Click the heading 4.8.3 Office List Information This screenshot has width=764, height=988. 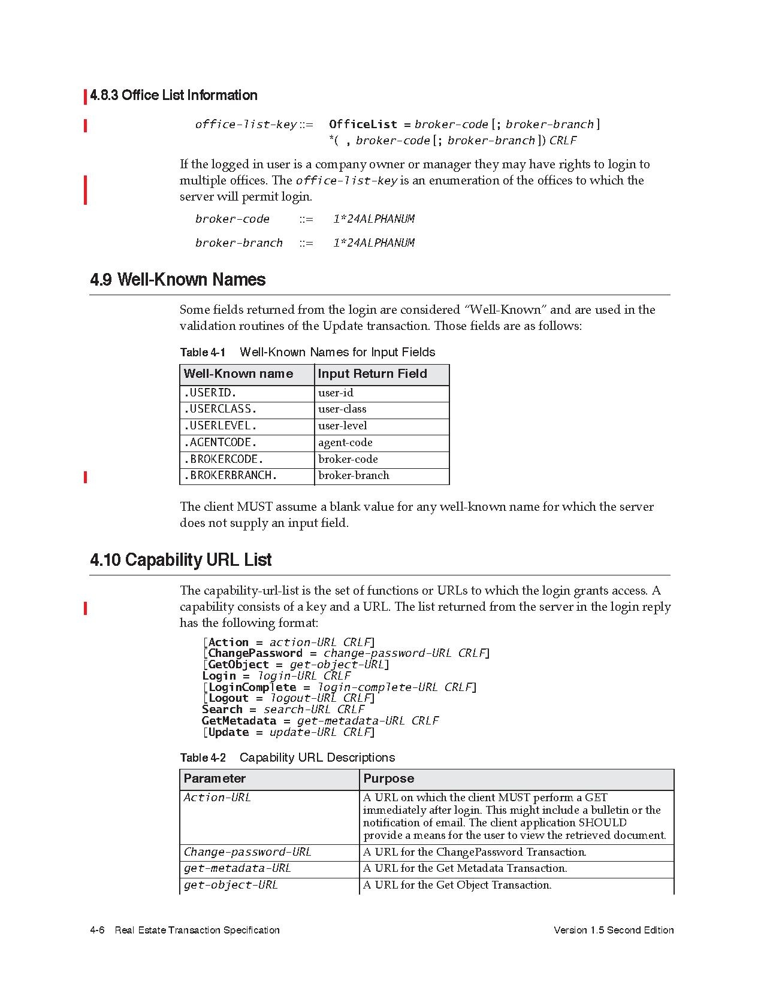coord(173,95)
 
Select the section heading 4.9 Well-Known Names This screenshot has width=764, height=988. coord(177,280)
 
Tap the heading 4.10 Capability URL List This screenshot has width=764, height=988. coord(180,560)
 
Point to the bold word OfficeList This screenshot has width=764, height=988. coord(363,125)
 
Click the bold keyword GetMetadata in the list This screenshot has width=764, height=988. coord(239,721)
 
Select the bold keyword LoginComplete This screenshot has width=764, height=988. coord(252,687)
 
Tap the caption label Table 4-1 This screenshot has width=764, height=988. coord(203,353)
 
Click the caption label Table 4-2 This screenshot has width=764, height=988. coord(203,758)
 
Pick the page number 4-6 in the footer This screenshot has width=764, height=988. coord(97,930)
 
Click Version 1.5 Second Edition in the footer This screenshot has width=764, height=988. coord(614,930)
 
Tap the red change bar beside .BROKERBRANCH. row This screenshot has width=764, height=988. coord(86,477)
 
